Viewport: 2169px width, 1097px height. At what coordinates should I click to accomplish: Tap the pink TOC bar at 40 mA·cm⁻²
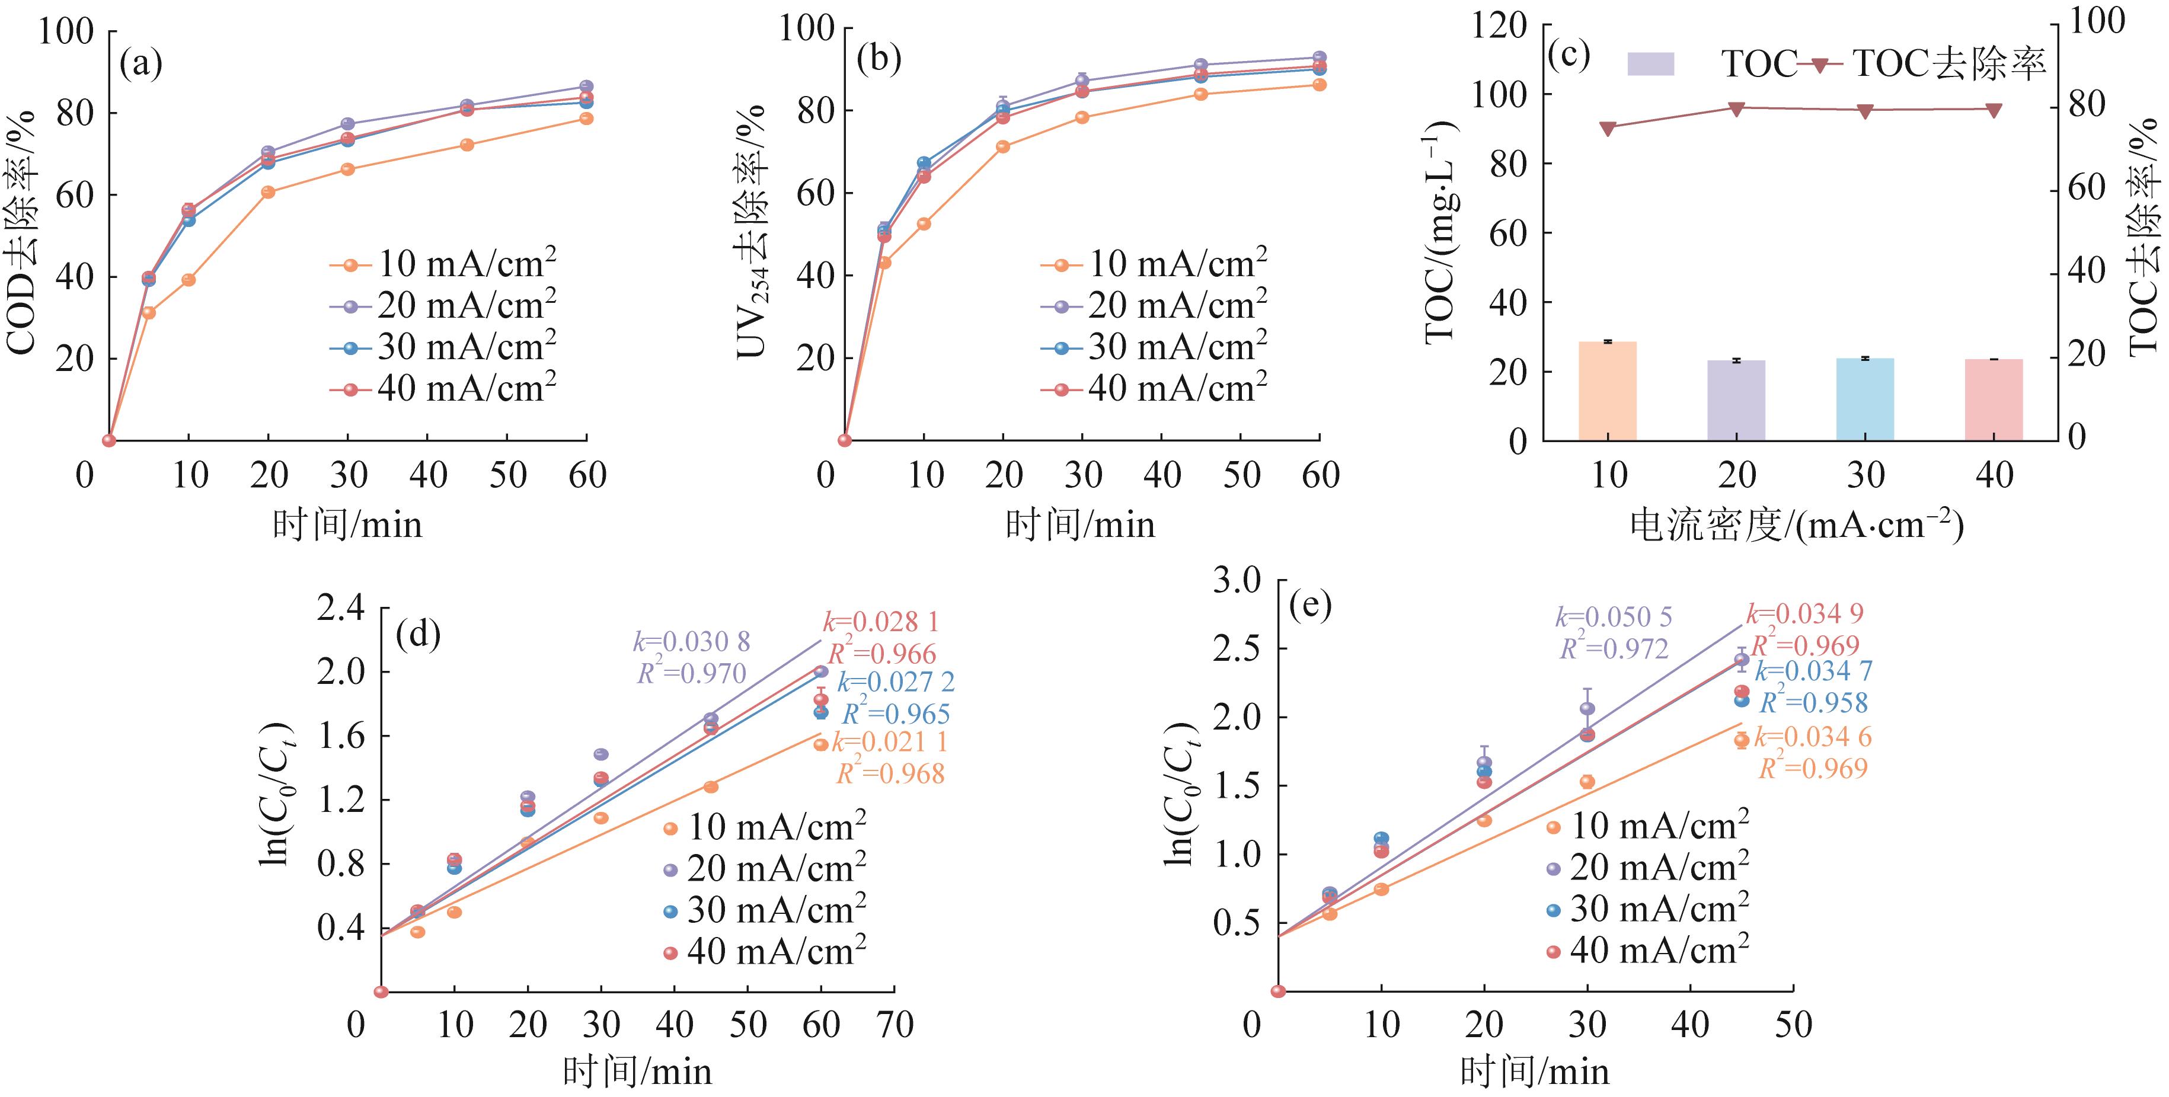click(1993, 400)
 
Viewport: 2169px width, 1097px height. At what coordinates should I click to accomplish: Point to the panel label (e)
click(1310, 605)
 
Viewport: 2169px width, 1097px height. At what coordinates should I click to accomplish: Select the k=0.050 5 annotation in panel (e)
click(1614, 617)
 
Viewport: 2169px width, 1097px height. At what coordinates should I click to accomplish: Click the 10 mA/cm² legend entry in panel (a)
click(442, 264)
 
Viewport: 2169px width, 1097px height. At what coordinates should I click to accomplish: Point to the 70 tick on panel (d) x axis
click(894, 1025)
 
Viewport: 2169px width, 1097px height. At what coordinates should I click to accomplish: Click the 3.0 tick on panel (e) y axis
click(1236, 580)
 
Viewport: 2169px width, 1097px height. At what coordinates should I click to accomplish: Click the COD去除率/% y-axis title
click(23, 232)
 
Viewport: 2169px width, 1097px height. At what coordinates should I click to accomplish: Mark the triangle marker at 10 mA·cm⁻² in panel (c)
click(1608, 128)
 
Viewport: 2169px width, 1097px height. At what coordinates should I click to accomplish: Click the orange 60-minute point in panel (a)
click(586, 119)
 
